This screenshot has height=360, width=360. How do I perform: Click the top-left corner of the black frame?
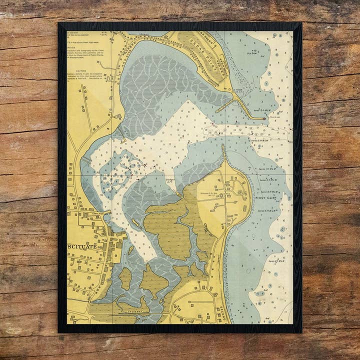tap(59, 23)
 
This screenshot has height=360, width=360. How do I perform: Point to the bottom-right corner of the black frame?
tap(301, 332)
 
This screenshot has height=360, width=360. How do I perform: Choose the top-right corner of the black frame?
tap(301, 23)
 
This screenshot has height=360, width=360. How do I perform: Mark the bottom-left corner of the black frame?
tap(59, 332)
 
